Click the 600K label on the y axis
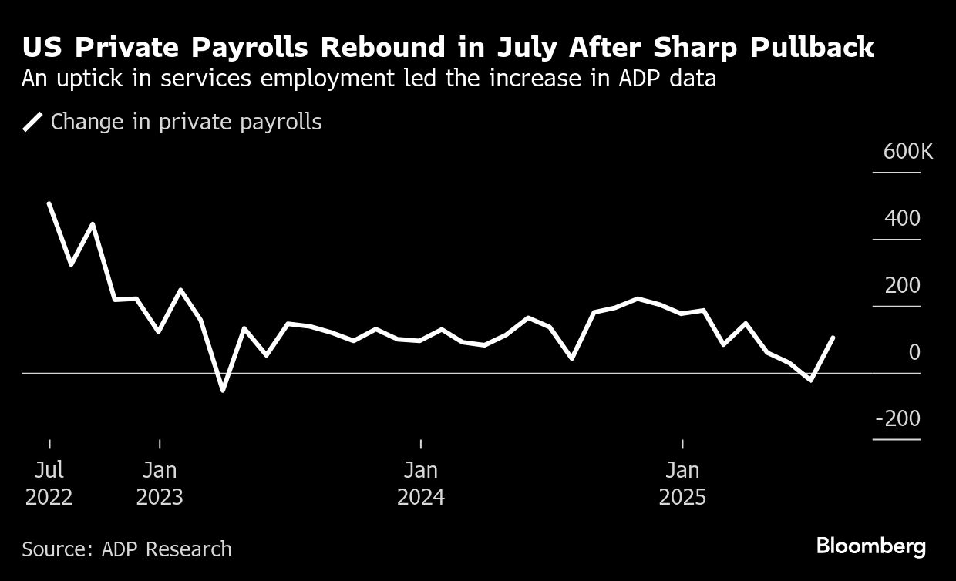pos(908,151)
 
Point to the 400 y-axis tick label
pos(902,219)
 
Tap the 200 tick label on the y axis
pos(902,286)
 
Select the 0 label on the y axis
pos(914,353)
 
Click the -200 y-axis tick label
pos(897,419)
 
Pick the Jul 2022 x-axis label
pos(49,483)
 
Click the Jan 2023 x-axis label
pos(160,483)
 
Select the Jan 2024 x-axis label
pos(421,483)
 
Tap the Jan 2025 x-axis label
pos(682,483)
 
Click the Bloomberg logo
pos(871,547)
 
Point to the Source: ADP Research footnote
pos(126,549)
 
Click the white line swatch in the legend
pos(32,123)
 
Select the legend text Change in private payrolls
pos(186,122)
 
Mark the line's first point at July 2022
pos(49,203)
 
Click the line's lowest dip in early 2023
pos(223,390)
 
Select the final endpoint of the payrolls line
pos(833,338)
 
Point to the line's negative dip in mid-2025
pos(810,380)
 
